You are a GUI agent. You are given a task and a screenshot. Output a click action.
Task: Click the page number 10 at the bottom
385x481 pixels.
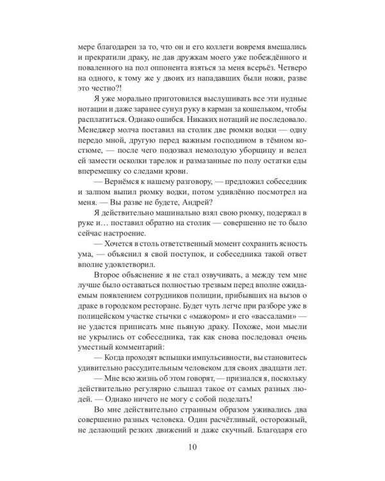pos(193,447)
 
